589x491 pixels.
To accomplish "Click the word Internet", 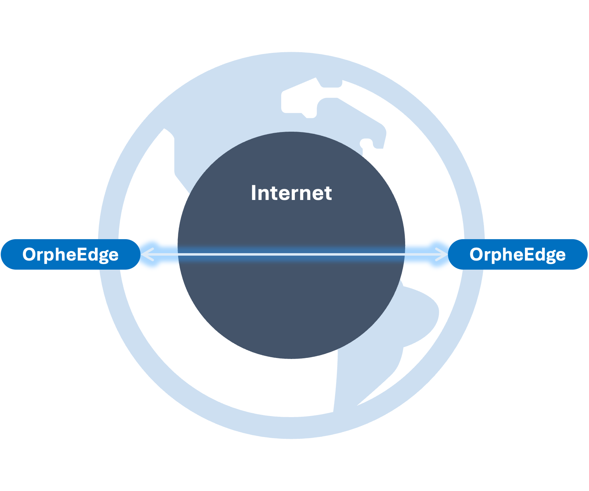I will coord(291,193).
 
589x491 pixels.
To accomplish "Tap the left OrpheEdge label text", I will coord(70,255).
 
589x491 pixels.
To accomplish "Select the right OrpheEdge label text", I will coord(517,255).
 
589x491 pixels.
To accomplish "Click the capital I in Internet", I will coord(254,193).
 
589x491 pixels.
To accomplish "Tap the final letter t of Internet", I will coord(328,193).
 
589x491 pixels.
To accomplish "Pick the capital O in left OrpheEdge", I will coord(30,254).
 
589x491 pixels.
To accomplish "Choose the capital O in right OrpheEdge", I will coord(477,254).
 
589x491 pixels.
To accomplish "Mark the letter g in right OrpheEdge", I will coord(548,256).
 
